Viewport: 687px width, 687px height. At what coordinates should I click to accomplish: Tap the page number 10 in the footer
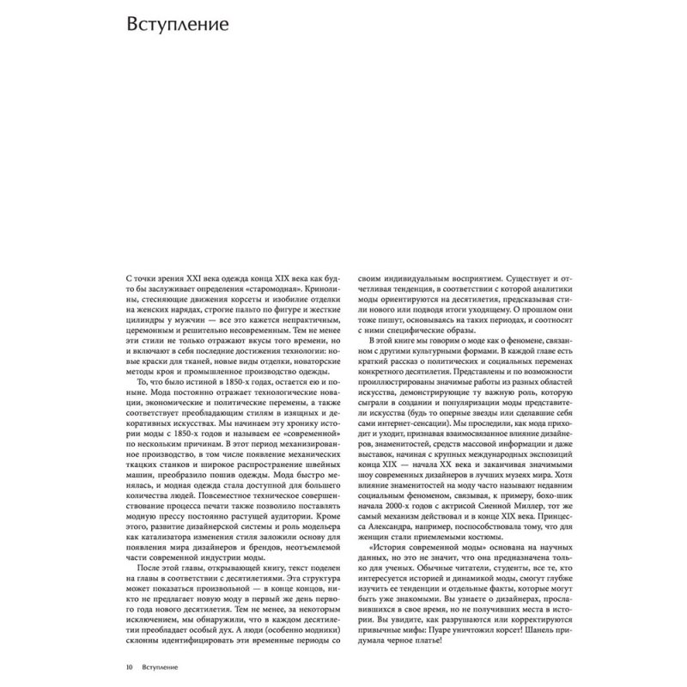(x=128, y=666)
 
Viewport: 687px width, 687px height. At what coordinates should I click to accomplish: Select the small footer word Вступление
(x=161, y=666)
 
